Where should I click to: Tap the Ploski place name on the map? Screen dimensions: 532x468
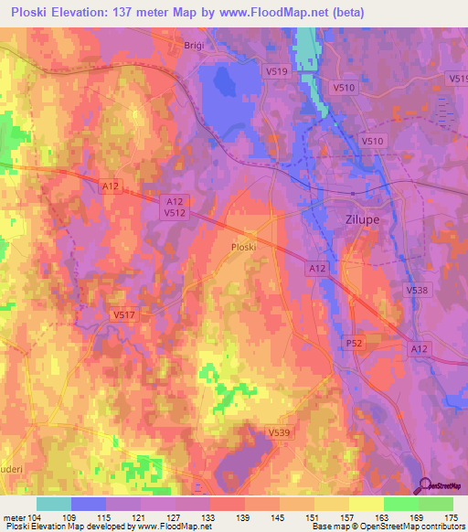point(243,247)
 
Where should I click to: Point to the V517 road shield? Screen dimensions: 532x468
point(124,314)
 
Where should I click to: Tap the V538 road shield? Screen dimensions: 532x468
point(416,290)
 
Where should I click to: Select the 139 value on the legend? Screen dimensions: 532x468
point(244,517)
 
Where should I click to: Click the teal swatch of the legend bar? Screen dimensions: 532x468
point(54,504)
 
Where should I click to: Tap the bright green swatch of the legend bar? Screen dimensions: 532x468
point(400,504)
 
